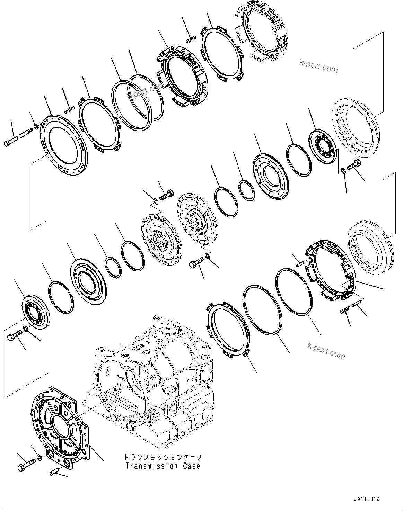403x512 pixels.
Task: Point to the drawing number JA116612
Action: click(367, 499)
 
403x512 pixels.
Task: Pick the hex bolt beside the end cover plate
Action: click(26, 463)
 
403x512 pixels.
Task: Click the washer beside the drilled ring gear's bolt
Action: click(343, 170)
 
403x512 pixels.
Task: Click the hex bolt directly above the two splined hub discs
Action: click(166, 196)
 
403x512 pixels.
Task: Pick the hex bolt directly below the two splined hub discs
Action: click(196, 263)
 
